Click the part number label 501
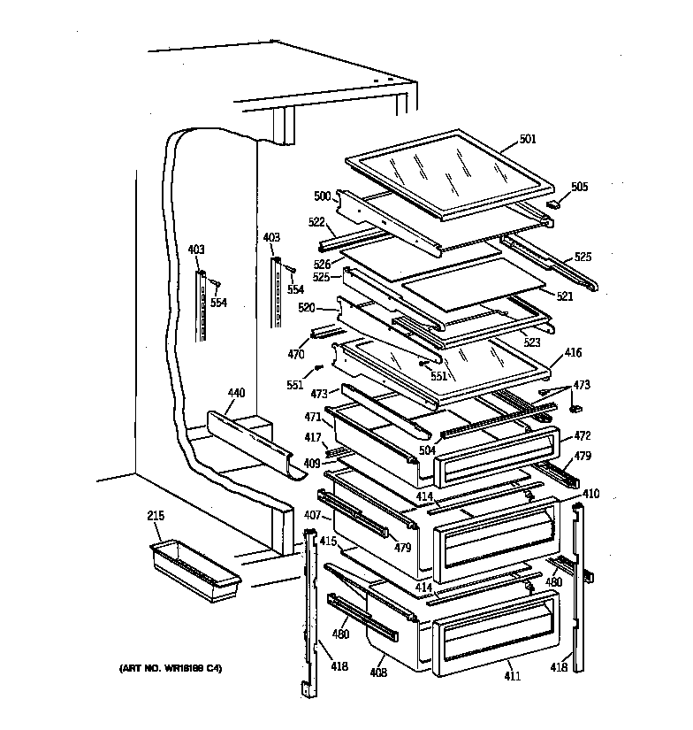527,138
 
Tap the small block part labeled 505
554,204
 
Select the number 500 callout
322,196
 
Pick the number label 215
156,515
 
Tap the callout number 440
236,392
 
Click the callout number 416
574,352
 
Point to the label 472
582,436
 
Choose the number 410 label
591,493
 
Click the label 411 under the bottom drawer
513,677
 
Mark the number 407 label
312,514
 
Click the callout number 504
428,450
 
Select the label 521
566,296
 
